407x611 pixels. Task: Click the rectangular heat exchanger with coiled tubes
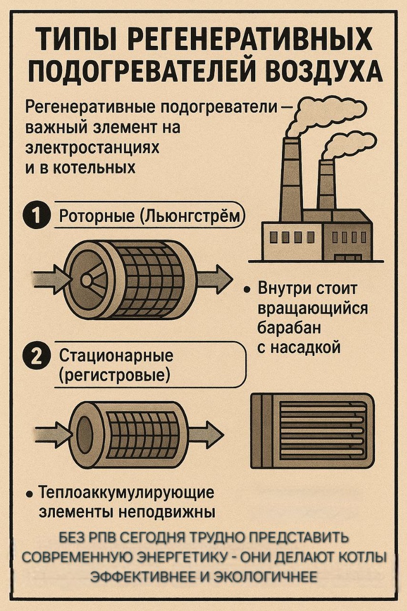(312, 430)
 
